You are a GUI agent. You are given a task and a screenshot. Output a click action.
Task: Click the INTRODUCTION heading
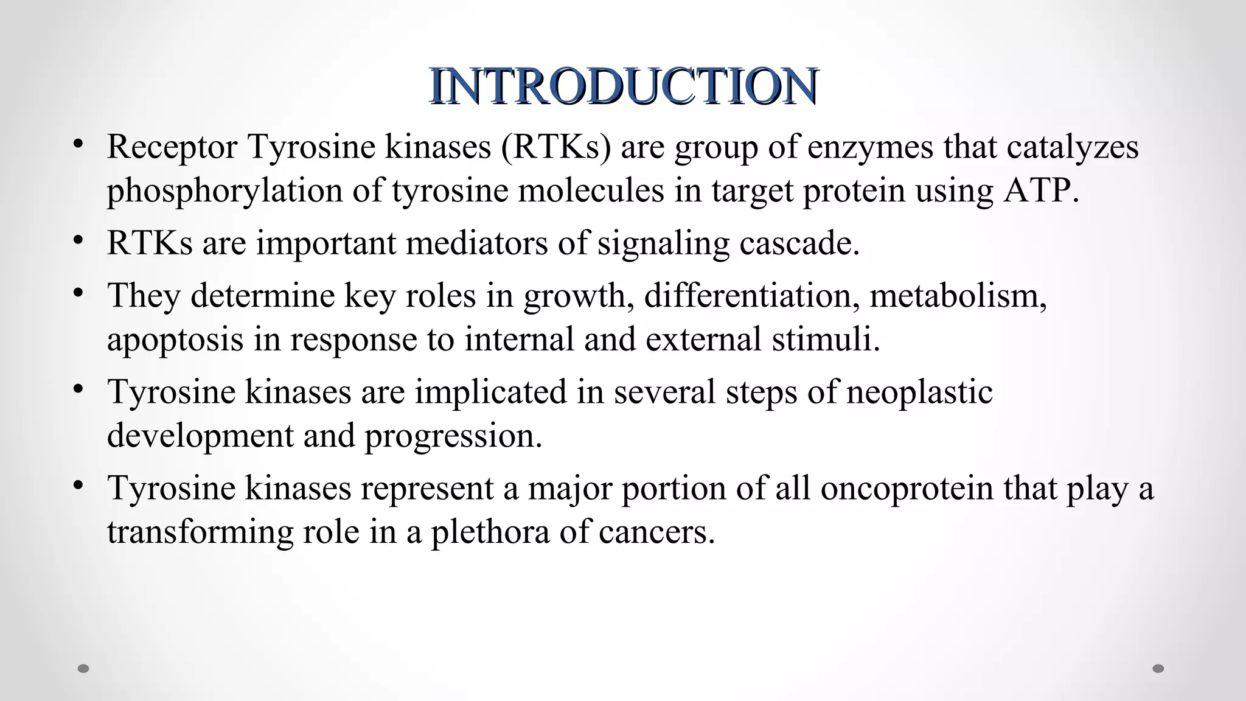tap(623, 86)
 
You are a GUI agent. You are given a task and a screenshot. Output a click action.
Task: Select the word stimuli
tap(826, 340)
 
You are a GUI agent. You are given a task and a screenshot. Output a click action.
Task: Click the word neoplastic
tap(919, 392)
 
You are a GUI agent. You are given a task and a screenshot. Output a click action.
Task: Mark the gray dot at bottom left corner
tap(84, 669)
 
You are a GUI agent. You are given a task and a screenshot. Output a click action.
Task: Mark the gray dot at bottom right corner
tap(1158, 669)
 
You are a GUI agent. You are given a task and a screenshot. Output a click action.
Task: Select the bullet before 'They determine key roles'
tap(77, 293)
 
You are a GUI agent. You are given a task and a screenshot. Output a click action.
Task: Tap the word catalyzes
tap(1072, 148)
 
